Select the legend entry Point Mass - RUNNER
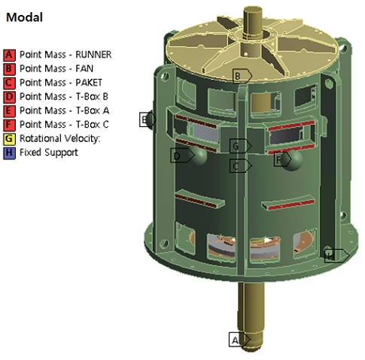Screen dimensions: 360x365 [65, 55]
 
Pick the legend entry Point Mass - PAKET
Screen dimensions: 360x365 [60, 83]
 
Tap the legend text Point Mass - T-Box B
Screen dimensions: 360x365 [64, 96]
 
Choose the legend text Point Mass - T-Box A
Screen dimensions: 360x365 [64, 110]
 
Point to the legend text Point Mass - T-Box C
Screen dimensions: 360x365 [64, 124]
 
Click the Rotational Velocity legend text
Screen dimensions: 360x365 [59, 138]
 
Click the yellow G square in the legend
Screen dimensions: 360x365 [9, 138]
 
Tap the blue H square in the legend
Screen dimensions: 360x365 [9, 152]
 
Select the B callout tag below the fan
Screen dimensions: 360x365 [239, 76]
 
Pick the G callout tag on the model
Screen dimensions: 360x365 [238, 145]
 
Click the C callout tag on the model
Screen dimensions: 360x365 [238, 165]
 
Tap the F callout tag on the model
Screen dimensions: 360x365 [280, 159]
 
